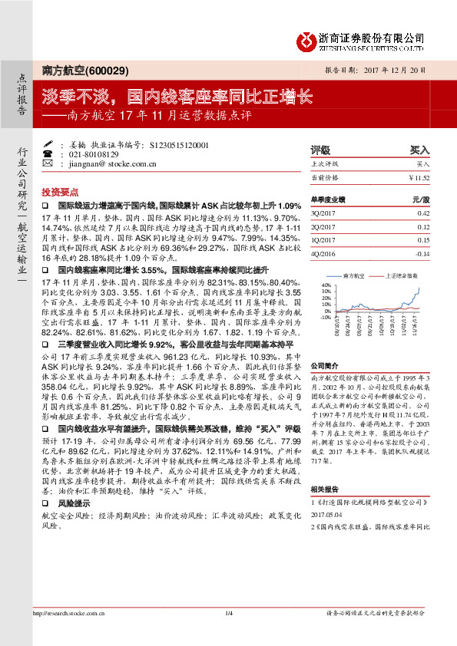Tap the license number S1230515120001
pos(174,144)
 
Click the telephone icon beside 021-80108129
pos(48,153)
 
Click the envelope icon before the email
pos(48,163)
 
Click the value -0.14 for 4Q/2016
pos(420,252)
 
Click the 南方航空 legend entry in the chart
pos(356,274)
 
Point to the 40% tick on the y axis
pos(326,285)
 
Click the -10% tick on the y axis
pos(325,316)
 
